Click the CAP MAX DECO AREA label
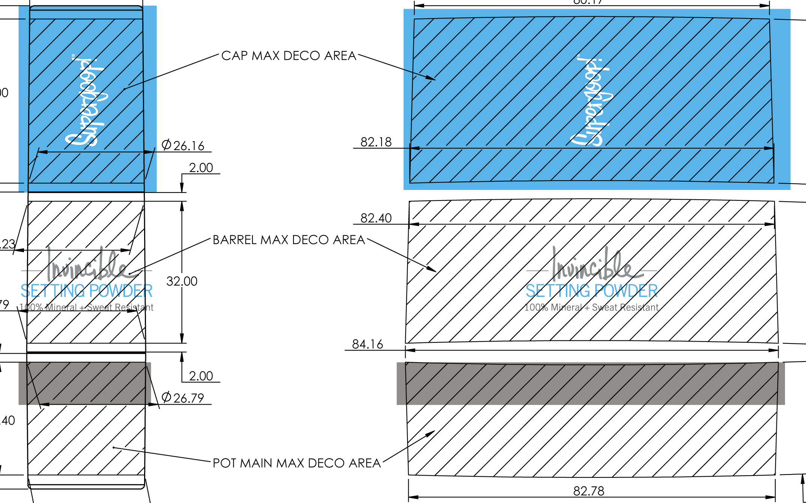click(289, 56)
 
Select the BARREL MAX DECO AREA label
click(289, 240)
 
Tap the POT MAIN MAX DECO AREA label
click(296, 463)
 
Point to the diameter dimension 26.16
click(183, 146)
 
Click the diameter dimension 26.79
click(183, 398)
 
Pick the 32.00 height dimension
click(182, 281)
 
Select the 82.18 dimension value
click(376, 142)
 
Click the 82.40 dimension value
click(376, 218)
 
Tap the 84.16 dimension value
click(367, 344)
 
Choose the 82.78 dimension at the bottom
click(589, 491)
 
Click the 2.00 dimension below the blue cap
click(201, 168)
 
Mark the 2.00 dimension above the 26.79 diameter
click(201, 376)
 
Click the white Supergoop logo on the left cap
click(85, 101)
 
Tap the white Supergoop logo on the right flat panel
click(591, 101)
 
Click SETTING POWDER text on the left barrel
click(86, 291)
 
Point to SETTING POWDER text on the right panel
click(591, 291)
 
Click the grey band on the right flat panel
click(591, 384)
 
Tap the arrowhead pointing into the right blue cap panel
click(432, 78)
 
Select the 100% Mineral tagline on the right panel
click(591, 307)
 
